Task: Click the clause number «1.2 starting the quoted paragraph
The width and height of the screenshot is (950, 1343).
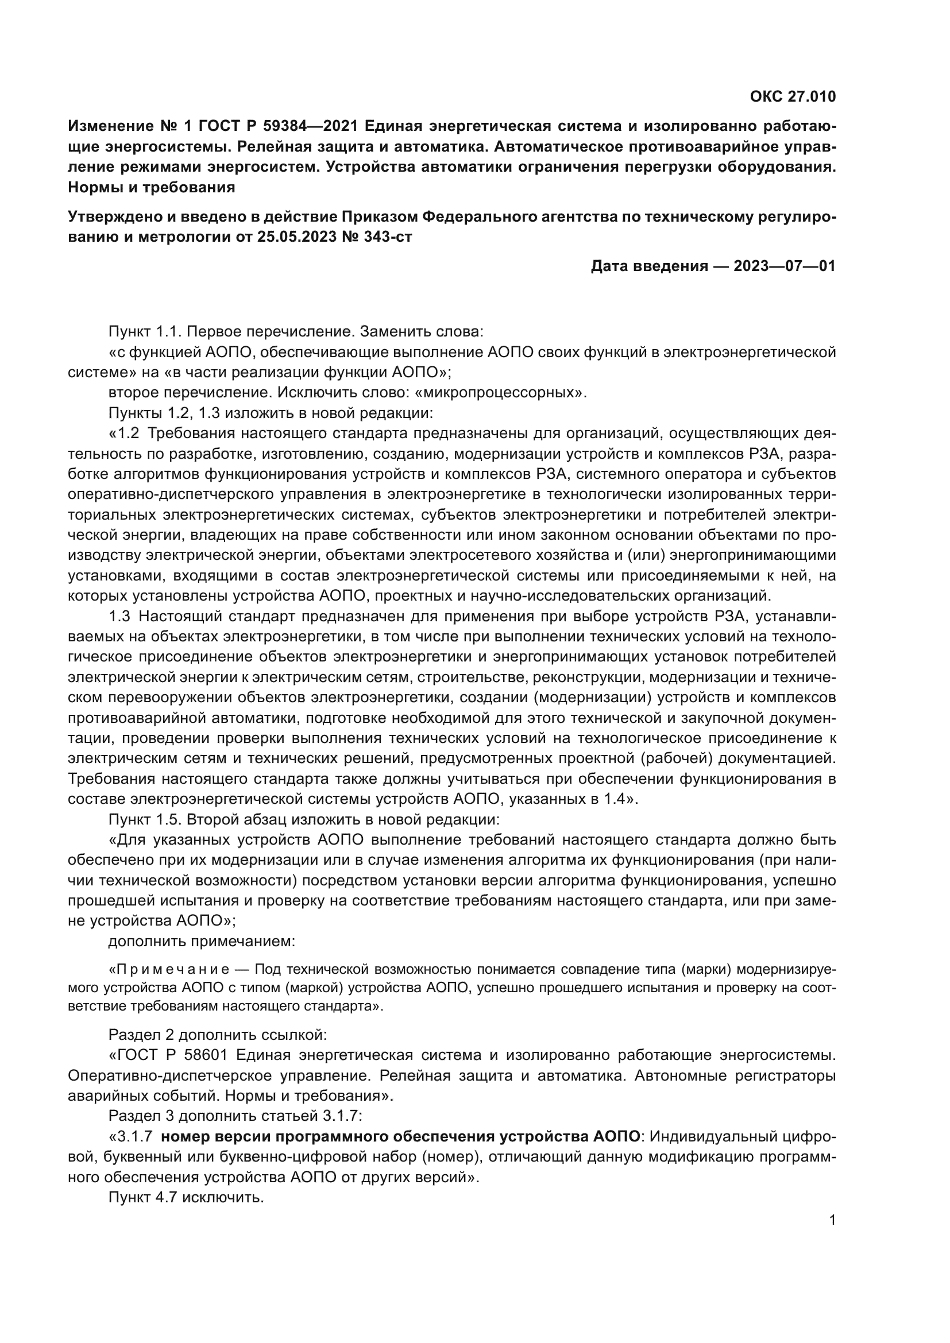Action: (x=125, y=434)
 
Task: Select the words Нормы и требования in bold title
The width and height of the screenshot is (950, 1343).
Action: (x=152, y=188)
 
